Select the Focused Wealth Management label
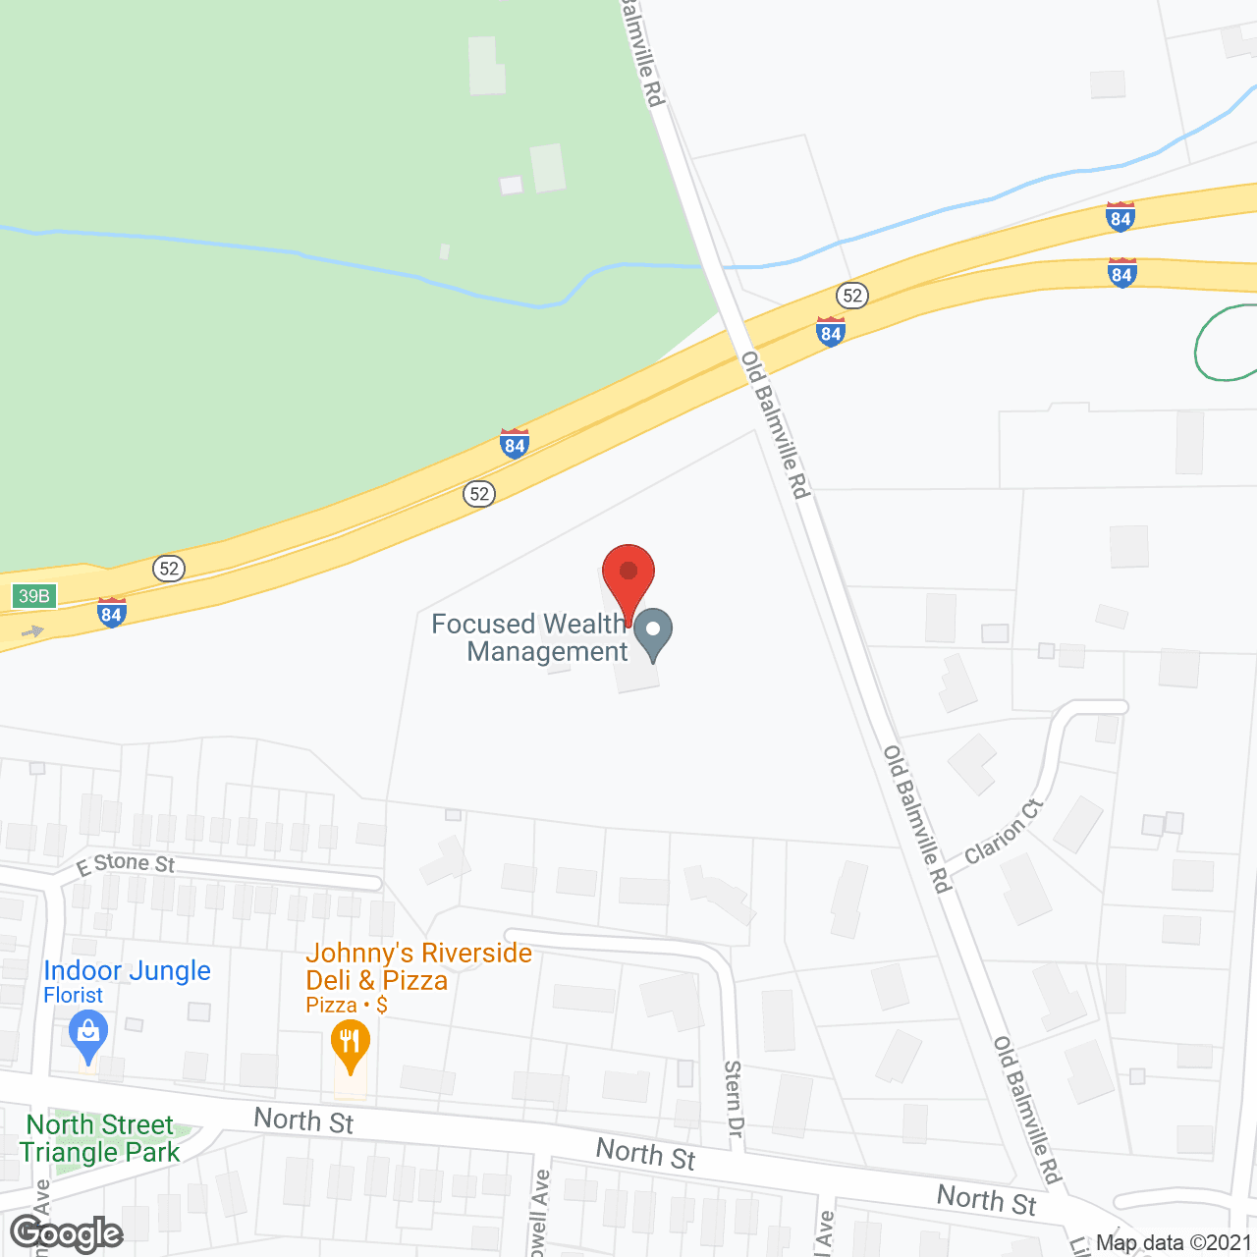[530, 637]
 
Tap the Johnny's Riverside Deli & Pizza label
[418, 966]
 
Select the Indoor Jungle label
[127, 970]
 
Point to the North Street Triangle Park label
[100, 1138]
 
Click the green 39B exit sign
[34, 596]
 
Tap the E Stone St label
[126, 863]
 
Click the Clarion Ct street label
[1003, 832]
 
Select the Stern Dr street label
[733, 1099]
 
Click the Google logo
[67, 1233]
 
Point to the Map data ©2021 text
[1174, 1243]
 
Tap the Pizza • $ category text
[346, 1006]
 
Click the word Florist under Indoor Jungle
[73, 996]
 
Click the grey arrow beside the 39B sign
[32, 631]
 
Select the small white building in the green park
[511, 186]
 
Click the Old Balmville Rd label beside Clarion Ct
[917, 820]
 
